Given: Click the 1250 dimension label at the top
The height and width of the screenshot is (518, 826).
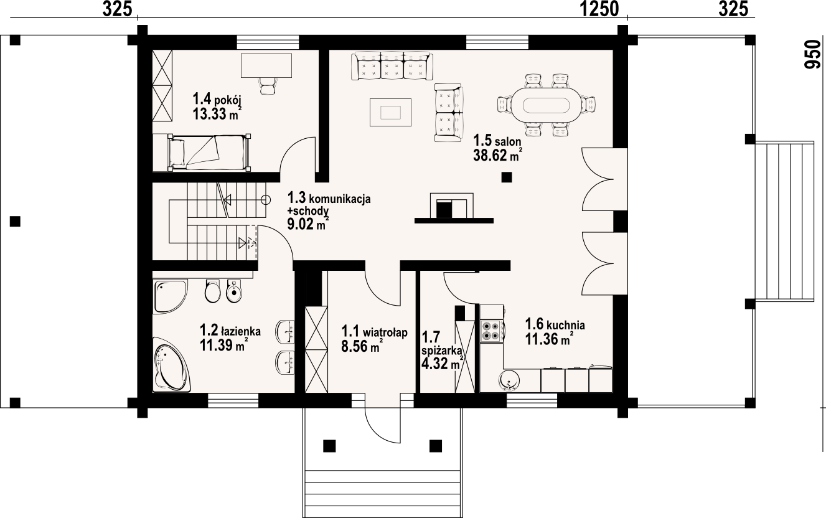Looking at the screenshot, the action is pyautogui.click(x=599, y=9).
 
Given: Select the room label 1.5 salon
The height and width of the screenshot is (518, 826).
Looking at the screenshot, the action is pyautogui.click(x=497, y=141).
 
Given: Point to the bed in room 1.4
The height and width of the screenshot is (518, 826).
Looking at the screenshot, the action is pyautogui.click(x=209, y=153).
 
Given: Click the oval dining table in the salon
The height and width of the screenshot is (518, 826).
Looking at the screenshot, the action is pyautogui.click(x=547, y=105).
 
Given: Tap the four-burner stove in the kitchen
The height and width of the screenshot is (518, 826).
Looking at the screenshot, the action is pyautogui.click(x=490, y=331).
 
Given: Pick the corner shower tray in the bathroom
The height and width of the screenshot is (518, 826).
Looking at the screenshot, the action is pyautogui.click(x=170, y=296).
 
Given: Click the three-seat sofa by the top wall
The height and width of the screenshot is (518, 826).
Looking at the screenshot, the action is pyautogui.click(x=392, y=66).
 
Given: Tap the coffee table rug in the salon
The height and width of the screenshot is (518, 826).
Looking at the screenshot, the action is pyautogui.click(x=390, y=112).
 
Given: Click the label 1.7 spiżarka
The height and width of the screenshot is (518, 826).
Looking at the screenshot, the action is pyautogui.click(x=440, y=344).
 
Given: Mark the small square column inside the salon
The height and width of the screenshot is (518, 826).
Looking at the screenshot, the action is pyautogui.click(x=507, y=177).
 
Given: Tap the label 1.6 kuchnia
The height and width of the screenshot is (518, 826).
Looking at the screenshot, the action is pyautogui.click(x=555, y=324).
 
